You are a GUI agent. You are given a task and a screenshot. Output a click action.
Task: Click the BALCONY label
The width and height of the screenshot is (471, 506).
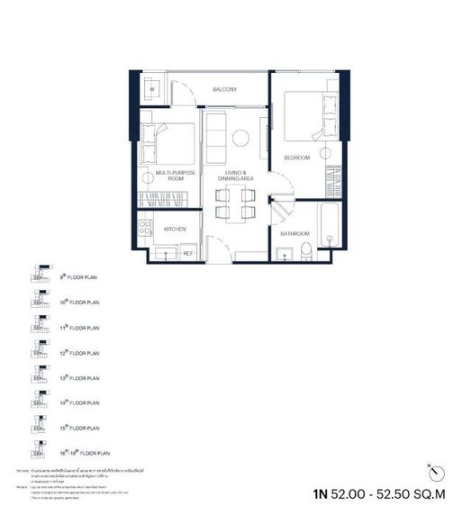tap(224, 90)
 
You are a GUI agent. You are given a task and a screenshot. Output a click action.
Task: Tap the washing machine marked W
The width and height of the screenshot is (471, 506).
tap(152, 90)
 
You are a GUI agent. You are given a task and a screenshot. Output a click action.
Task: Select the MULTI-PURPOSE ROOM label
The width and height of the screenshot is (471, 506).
tap(169, 176)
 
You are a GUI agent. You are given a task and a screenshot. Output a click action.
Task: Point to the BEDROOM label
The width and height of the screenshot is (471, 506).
tap(297, 158)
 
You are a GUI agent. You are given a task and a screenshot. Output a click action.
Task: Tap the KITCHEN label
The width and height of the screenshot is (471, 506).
tap(175, 229)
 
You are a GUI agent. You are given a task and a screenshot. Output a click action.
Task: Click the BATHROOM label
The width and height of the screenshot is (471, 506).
tap(294, 233)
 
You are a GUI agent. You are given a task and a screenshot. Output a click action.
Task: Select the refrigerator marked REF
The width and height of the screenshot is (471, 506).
tap(188, 253)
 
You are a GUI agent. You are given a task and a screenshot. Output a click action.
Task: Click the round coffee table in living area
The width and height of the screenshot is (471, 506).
tap(241, 137)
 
